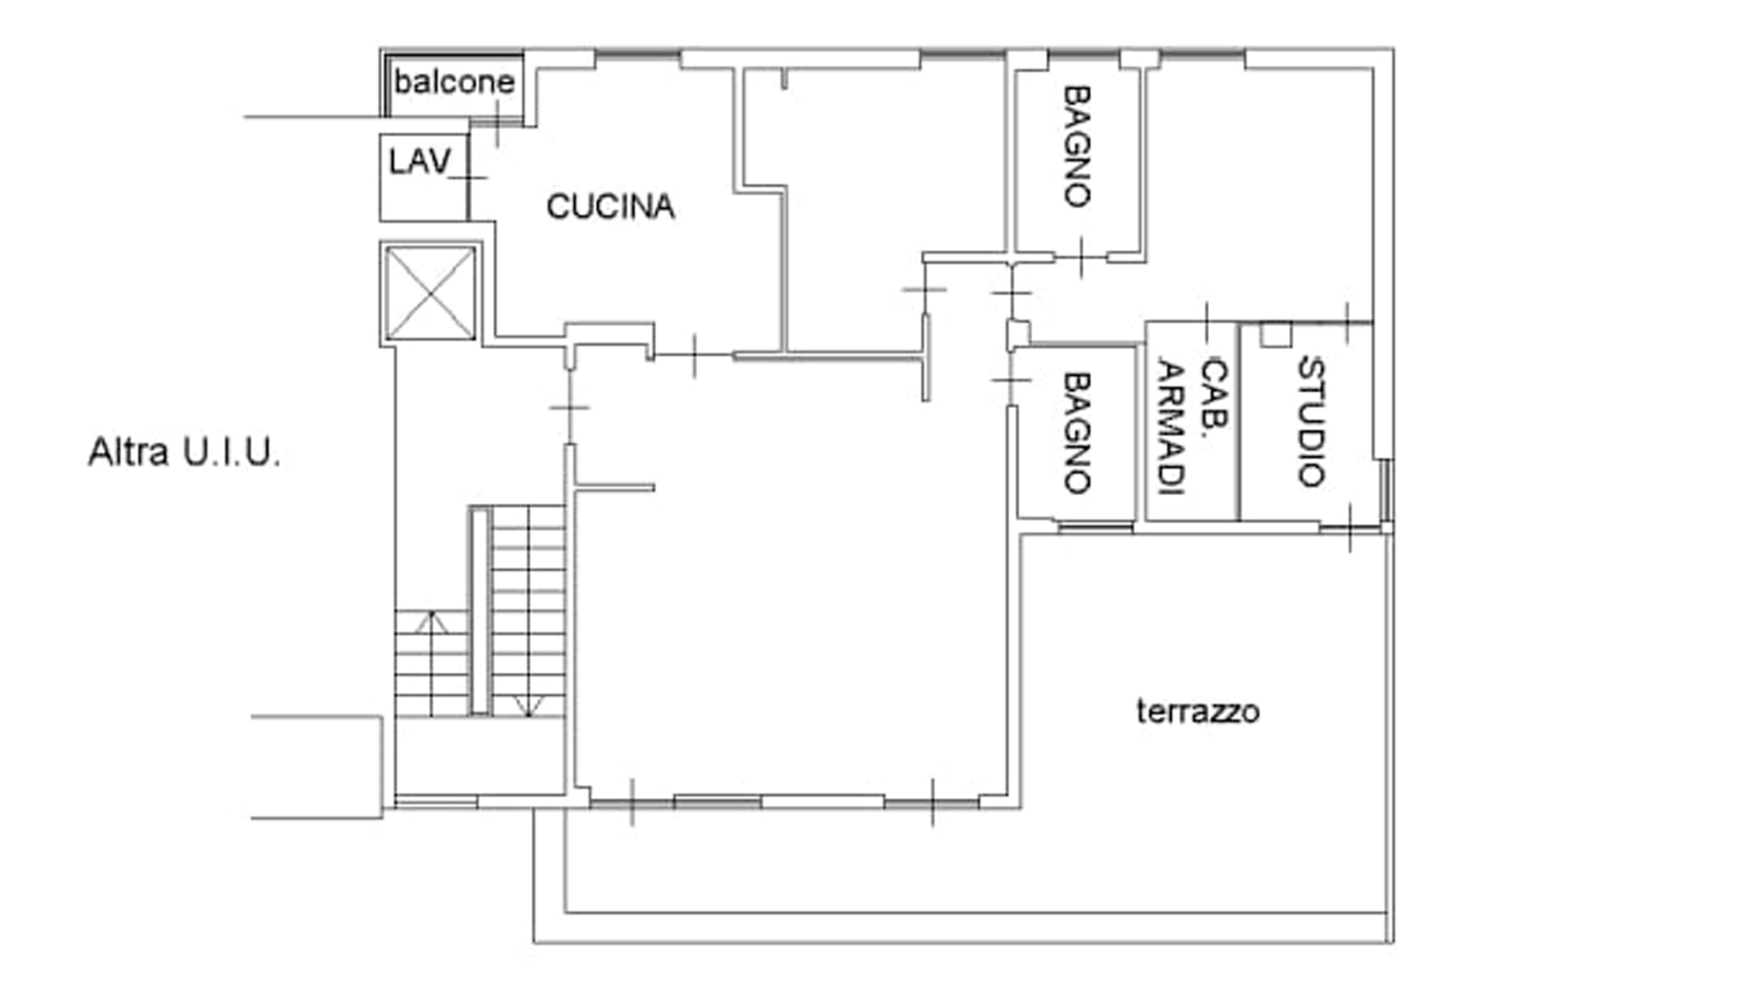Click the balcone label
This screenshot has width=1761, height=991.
point(453,82)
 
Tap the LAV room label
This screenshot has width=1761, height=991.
point(420,161)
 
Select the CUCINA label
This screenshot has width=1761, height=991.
point(610,207)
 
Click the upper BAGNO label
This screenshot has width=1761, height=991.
point(1077,146)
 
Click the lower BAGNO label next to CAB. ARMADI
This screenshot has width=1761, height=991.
point(1077,432)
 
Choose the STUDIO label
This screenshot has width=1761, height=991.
point(1311,421)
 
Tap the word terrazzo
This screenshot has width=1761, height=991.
point(1197,711)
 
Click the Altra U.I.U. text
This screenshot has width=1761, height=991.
point(184,453)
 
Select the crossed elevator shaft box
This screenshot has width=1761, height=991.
point(431,292)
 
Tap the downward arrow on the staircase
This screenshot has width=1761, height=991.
point(527,705)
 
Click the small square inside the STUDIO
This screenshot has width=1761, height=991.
point(1275,335)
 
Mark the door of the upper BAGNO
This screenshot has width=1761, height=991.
point(1080,257)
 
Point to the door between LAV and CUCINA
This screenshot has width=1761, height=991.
point(468,178)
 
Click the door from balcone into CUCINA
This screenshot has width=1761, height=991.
point(497,124)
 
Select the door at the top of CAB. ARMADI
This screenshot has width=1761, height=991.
point(1206,322)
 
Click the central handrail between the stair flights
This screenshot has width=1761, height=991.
point(480,610)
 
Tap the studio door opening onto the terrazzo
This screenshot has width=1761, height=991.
point(1350,529)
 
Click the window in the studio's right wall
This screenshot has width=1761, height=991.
point(1385,491)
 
